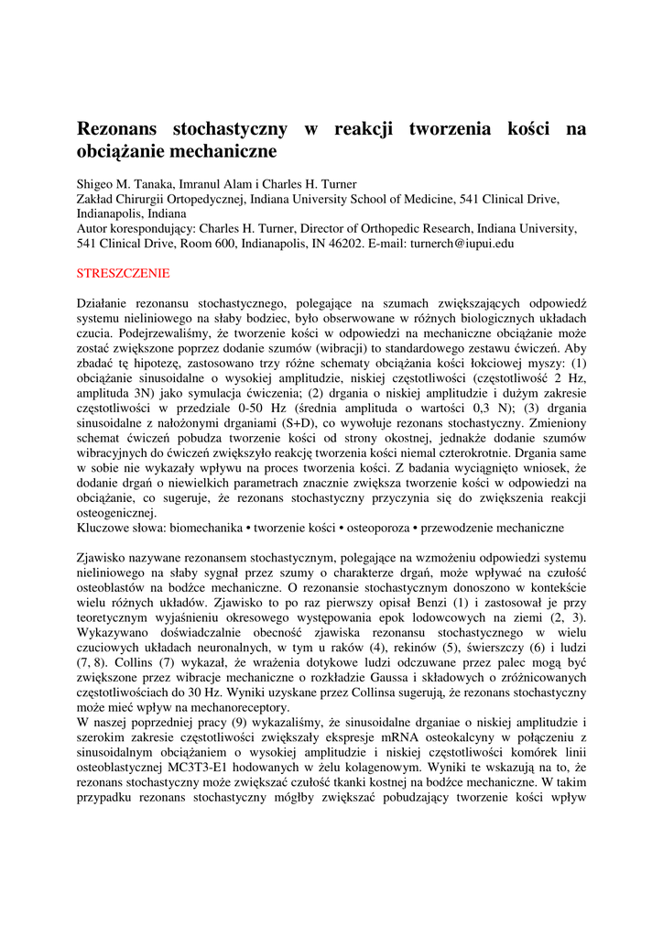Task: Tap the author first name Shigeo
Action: click(96, 184)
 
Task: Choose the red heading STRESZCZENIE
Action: click(124, 273)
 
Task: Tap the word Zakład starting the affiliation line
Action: click(96, 199)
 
